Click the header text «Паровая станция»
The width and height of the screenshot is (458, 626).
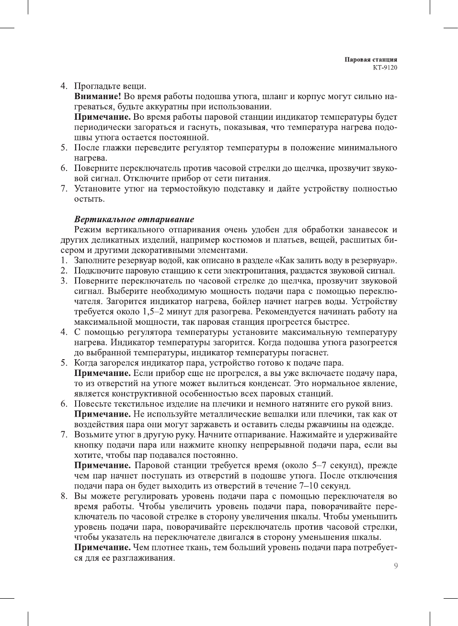(x=370, y=59)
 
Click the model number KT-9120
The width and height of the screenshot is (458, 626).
(x=385, y=68)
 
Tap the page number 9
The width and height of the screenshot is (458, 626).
(x=396, y=566)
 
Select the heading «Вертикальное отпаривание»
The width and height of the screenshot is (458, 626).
(x=134, y=219)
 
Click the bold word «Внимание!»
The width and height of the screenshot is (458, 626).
(x=97, y=96)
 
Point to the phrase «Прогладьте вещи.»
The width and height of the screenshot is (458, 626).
(x=110, y=86)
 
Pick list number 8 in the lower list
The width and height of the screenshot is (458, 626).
(x=64, y=496)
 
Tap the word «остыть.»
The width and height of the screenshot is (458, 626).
(x=89, y=199)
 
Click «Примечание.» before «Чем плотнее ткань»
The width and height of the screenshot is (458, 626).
(x=103, y=547)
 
